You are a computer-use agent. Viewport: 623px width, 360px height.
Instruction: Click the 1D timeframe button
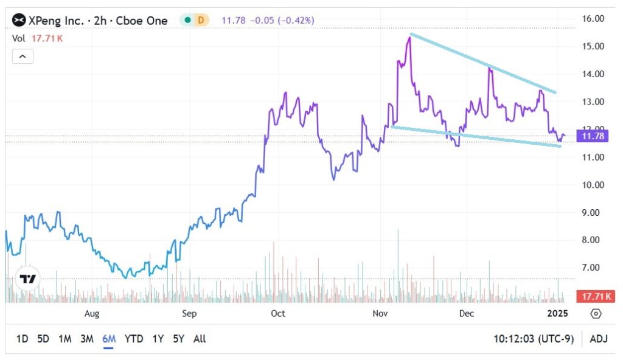coord(22,339)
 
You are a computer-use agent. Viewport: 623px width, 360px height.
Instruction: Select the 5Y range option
coord(178,339)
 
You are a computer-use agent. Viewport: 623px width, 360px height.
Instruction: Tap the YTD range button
coord(134,339)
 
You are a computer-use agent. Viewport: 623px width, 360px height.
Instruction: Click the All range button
coord(199,339)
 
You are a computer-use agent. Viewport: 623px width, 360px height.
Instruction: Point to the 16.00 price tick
coord(593,19)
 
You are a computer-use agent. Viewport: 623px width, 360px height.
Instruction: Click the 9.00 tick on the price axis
coord(593,213)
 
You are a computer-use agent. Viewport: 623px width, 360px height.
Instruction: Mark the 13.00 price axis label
coord(593,102)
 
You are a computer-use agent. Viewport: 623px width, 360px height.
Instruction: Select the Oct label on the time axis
coord(277,314)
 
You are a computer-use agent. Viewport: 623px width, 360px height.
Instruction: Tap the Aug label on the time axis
coord(91,314)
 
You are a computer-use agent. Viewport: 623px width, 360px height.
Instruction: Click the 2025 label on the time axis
coord(557,314)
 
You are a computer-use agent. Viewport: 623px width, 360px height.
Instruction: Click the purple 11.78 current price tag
coord(593,136)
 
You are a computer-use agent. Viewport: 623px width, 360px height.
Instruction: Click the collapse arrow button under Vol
coord(23,57)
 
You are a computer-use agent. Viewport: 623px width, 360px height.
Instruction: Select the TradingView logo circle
coord(27,279)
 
